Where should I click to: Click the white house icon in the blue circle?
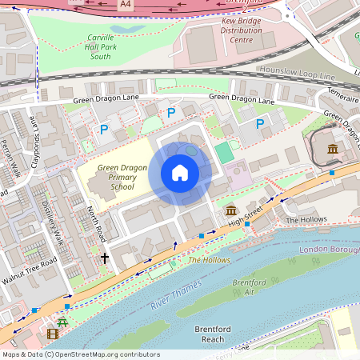tap(180, 173)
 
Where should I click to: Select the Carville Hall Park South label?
tap(112, 47)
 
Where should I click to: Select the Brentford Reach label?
tap(213, 334)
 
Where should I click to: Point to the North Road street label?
tap(95, 225)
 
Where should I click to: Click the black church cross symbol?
tap(104, 258)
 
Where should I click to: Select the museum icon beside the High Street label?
tap(231, 210)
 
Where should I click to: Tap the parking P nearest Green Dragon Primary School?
tap(102, 129)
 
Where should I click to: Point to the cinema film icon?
tap(53, 334)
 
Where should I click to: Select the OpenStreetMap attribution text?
tap(70, 354)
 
